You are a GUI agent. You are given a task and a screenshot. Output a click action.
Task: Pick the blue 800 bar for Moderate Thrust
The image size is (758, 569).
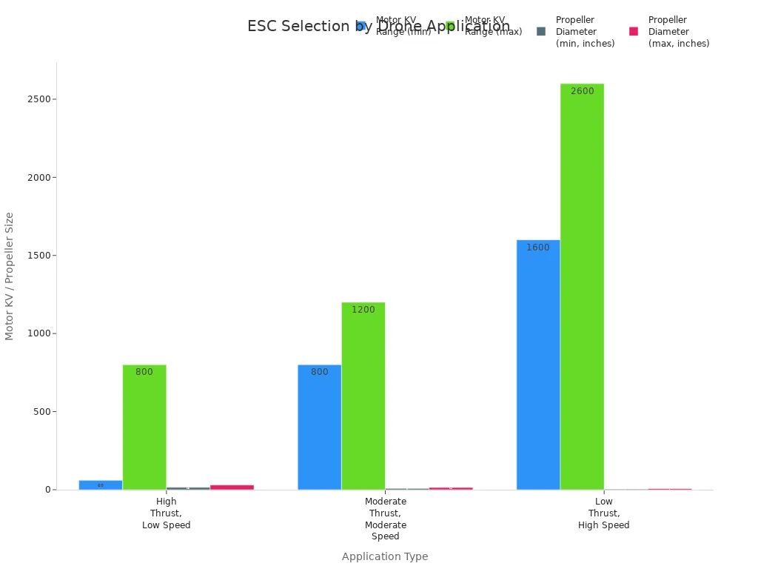click(x=320, y=430)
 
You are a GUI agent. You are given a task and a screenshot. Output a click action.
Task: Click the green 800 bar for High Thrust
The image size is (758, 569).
click(x=144, y=430)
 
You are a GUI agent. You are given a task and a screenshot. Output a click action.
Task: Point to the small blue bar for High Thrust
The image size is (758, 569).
click(x=101, y=485)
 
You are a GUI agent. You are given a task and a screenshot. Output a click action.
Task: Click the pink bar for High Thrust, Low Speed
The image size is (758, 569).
click(x=232, y=487)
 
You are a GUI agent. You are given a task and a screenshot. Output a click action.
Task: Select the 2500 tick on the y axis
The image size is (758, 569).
click(x=38, y=99)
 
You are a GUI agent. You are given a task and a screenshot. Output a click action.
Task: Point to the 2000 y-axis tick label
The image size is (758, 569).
click(x=38, y=178)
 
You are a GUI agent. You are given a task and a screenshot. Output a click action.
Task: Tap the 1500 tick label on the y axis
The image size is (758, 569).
click(x=38, y=256)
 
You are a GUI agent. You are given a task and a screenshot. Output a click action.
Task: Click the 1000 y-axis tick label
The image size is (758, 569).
click(x=38, y=333)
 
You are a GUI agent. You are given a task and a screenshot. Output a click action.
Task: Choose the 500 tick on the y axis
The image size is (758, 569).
click(x=41, y=412)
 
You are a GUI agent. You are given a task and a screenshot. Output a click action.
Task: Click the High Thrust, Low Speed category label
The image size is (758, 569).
click(x=167, y=513)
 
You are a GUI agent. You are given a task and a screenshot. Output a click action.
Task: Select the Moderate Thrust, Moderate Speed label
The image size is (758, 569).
click(x=386, y=519)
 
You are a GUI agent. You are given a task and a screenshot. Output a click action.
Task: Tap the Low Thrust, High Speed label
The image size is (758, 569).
click(x=604, y=513)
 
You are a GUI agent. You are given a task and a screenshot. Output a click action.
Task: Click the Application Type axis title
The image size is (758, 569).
click(x=385, y=556)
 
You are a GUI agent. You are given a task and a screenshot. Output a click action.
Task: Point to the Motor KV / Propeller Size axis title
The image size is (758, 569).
click(x=10, y=276)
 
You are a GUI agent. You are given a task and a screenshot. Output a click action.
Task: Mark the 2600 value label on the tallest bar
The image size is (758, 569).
click(x=582, y=91)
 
